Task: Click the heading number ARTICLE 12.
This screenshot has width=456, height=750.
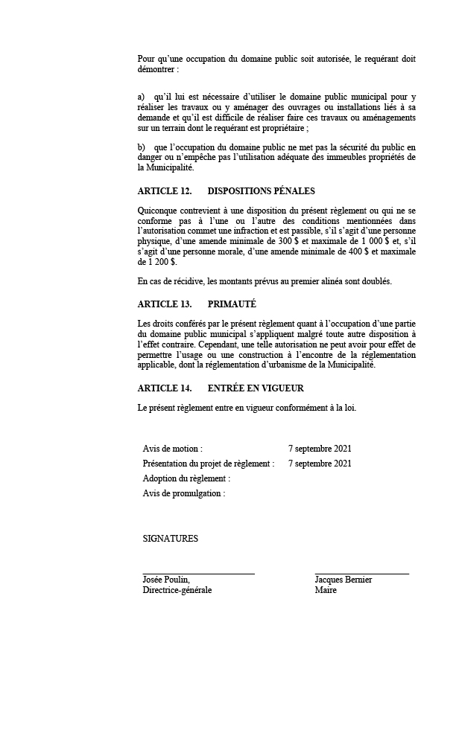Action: point(165,191)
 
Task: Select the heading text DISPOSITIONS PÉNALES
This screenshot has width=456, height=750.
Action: point(261,191)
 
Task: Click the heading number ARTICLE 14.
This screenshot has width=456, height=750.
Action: point(165,388)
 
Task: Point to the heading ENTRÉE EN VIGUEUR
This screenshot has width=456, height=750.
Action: point(256,388)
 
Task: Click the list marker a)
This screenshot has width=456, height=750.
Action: point(142,97)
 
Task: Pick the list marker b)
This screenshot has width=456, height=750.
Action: point(142,147)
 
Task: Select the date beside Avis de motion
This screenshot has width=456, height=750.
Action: point(320,449)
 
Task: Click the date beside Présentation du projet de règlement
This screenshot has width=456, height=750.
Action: point(320,464)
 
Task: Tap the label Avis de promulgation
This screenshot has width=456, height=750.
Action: point(183,493)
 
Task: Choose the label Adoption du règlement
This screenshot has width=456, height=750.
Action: point(186,478)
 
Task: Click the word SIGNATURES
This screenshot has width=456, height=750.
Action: point(171,539)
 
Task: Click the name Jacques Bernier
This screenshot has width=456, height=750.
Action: point(343,580)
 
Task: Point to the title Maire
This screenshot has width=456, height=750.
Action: point(326,590)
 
